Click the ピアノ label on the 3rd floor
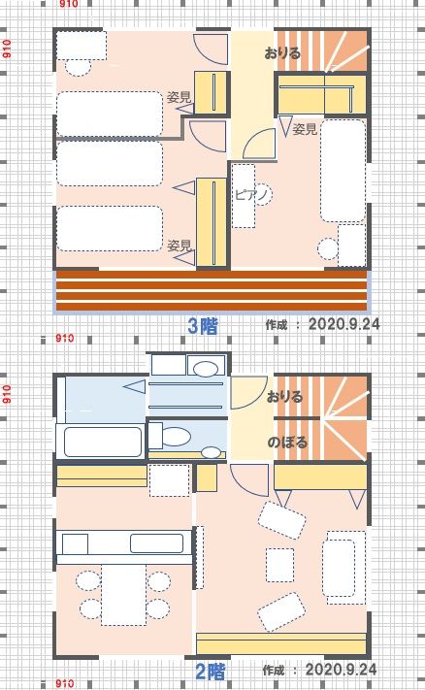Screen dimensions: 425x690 [250, 194]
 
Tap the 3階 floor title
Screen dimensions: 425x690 [203, 326]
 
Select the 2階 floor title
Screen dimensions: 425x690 [210, 672]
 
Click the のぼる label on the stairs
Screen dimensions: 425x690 [287, 442]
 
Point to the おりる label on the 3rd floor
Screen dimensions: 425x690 [282, 53]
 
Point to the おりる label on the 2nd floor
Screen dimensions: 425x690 [284, 397]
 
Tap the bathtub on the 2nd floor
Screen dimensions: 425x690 [103, 442]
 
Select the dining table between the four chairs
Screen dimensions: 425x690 [123, 595]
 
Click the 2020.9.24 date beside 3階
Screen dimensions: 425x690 [343, 324]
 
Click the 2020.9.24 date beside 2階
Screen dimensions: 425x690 [341, 670]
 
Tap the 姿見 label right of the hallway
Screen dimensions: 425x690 [305, 129]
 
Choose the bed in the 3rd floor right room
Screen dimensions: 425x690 [343, 170]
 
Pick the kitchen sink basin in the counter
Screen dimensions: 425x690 [156, 543]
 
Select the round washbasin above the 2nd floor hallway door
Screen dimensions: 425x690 [206, 369]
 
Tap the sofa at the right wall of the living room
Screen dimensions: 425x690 [343, 567]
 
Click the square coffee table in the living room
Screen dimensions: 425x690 [279, 565]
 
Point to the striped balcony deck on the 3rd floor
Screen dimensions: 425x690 [212, 290]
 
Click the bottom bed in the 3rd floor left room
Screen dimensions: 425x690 [110, 229]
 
